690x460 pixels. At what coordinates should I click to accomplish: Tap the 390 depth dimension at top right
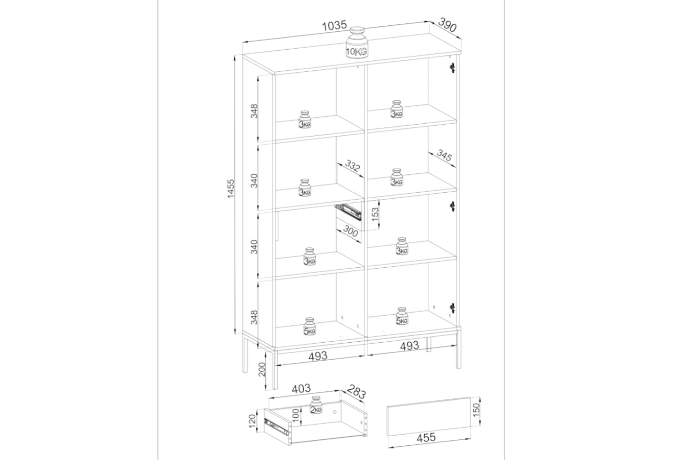coord(447,25)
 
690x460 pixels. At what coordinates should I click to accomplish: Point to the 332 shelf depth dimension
coord(352,166)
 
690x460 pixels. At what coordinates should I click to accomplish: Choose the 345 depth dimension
coord(444,155)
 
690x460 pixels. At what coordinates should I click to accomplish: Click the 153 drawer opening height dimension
coord(374,214)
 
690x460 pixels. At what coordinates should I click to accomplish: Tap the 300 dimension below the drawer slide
coord(350,231)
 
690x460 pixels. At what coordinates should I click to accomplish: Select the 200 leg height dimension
coord(262,369)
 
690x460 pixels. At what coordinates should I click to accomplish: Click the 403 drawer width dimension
coord(301,389)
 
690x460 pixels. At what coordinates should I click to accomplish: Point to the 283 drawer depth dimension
coord(356,391)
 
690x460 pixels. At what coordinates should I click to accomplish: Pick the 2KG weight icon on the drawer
coord(316,405)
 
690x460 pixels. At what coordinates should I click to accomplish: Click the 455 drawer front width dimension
coord(426,437)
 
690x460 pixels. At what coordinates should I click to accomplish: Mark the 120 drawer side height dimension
coord(252,421)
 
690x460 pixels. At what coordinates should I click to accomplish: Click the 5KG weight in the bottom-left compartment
coord(310,326)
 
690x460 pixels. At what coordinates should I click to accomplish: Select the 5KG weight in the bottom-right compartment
coord(402,316)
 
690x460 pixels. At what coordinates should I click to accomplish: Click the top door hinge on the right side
coord(452,68)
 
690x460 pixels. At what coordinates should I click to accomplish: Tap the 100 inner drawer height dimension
coord(295,416)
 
